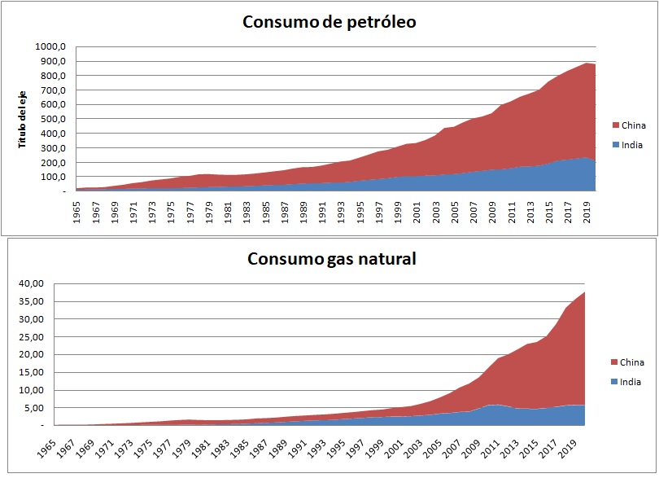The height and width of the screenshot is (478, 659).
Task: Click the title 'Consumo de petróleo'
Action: [329, 23]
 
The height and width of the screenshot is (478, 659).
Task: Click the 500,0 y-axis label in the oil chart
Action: [54, 119]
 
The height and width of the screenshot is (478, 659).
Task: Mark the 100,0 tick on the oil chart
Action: [54, 177]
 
